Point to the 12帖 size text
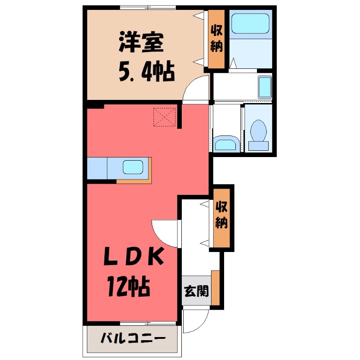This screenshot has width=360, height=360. [x=128, y=286]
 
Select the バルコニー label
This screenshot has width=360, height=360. [x=133, y=338]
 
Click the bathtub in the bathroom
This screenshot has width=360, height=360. [x=250, y=23]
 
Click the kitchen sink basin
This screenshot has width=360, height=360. [x=135, y=168]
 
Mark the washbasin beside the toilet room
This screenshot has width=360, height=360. [x=225, y=144]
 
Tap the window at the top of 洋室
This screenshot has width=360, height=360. [x=148, y=7]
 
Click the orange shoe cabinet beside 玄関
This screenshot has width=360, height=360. [x=215, y=288]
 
